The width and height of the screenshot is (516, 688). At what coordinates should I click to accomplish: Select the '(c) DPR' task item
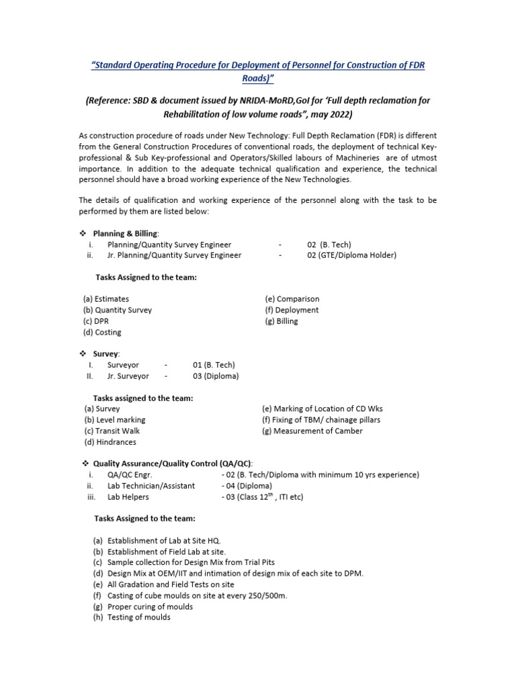click(x=95, y=321)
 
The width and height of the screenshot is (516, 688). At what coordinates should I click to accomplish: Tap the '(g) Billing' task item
click(x=281, y=321)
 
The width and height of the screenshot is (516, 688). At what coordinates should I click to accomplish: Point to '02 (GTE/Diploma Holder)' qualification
click(x=351, y=255)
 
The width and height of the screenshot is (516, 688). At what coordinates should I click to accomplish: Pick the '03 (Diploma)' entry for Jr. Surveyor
click(x=215, y=376)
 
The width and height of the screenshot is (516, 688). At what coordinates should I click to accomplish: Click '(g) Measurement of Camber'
click(x=312, y=431)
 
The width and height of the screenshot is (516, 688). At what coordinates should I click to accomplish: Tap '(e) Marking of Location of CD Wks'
click(x=322, y=408)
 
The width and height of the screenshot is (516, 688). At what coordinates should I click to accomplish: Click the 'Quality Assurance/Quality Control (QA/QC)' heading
click(x=173, y=464)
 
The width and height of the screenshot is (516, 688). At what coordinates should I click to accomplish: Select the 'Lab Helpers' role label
click(x=128, y=497)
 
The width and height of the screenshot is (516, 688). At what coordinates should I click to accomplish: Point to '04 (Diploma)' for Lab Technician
click(x=247, y=486)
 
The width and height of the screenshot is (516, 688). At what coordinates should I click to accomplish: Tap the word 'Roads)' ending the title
click(x=258, y=77)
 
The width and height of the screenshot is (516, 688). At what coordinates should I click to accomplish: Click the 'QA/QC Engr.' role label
click(x=129, y=474)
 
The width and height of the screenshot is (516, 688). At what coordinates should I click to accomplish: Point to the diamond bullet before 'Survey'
click(x=83, y=353)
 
